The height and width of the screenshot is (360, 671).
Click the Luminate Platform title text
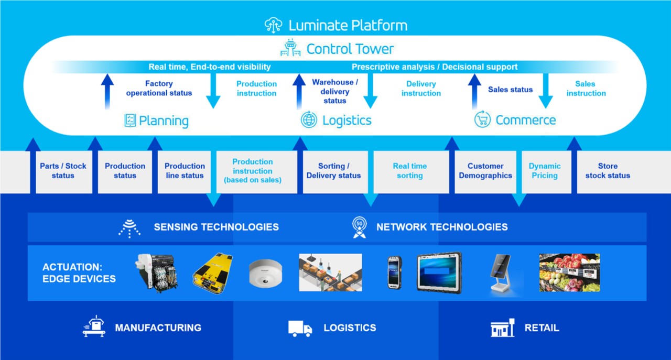[x=348, y=25]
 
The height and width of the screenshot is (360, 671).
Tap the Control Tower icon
[x=290, y=49]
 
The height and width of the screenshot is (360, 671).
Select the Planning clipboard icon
[x=130, y=121]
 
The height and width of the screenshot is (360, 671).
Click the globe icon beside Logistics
[x=309, y=120]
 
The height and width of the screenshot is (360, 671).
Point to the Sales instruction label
[x=586, y=89]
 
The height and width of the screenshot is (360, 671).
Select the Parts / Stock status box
[x=63, y=171]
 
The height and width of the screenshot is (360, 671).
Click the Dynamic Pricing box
[x=545, y=171]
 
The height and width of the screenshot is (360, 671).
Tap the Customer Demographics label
[x=485, y=171]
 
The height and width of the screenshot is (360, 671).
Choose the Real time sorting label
[x=410, y=171]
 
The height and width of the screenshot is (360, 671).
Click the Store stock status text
[x=608, y=171]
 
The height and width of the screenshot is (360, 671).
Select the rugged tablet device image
[x=439, y=272]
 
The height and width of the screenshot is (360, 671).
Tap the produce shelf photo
[x=569, y=272]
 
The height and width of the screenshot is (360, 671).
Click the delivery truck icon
[x=300, y=328]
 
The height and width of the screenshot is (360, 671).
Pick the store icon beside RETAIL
[x=503, y=328]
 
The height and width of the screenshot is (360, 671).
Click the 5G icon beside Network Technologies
[x=359, y=227]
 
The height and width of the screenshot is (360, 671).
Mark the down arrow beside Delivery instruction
[x=371, y=91]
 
